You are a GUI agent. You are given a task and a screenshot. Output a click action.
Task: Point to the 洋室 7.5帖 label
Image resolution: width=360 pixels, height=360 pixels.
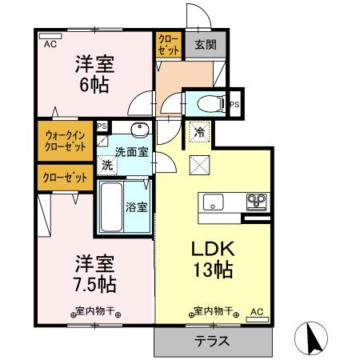pyautogui.click(x=94, y=273)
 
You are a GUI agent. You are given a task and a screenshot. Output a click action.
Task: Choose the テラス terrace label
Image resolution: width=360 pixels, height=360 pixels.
pyautogui.click(x=212, y=340)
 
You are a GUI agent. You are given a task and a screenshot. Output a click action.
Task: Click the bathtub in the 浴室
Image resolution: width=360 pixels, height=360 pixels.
pyautogui.click(x=110, y=206)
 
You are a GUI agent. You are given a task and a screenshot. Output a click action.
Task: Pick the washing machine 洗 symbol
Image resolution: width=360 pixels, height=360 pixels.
pyautogui.click(x=106, y=166)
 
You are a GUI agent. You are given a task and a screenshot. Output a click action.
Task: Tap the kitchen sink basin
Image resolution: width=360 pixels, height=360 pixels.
pyautogui.click(x=214, y=200)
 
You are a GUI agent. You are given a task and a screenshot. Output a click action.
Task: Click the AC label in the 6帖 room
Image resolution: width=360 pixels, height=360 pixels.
pyautogui.click(x=50, y=45)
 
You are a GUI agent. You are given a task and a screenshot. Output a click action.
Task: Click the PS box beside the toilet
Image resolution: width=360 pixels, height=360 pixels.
pyautogui.click(x=235, y=104)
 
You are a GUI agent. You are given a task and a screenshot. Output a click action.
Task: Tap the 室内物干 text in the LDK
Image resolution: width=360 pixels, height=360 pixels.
pyautogui.click(x=213, y=310)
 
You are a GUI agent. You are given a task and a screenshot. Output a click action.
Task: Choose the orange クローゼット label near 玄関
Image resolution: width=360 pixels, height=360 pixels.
pyautogui.click(x=168, y=43)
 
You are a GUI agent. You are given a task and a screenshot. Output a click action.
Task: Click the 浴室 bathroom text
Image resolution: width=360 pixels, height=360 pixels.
pyautogui.click(x=136, y=207)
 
